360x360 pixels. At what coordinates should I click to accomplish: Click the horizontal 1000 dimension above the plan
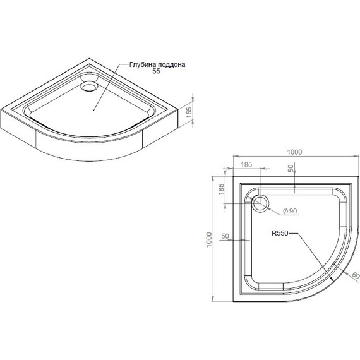tap(295, 152)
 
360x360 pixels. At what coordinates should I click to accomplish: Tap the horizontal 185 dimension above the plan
tap(246, 165)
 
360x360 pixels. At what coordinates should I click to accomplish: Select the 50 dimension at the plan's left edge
tap(225, 236)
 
